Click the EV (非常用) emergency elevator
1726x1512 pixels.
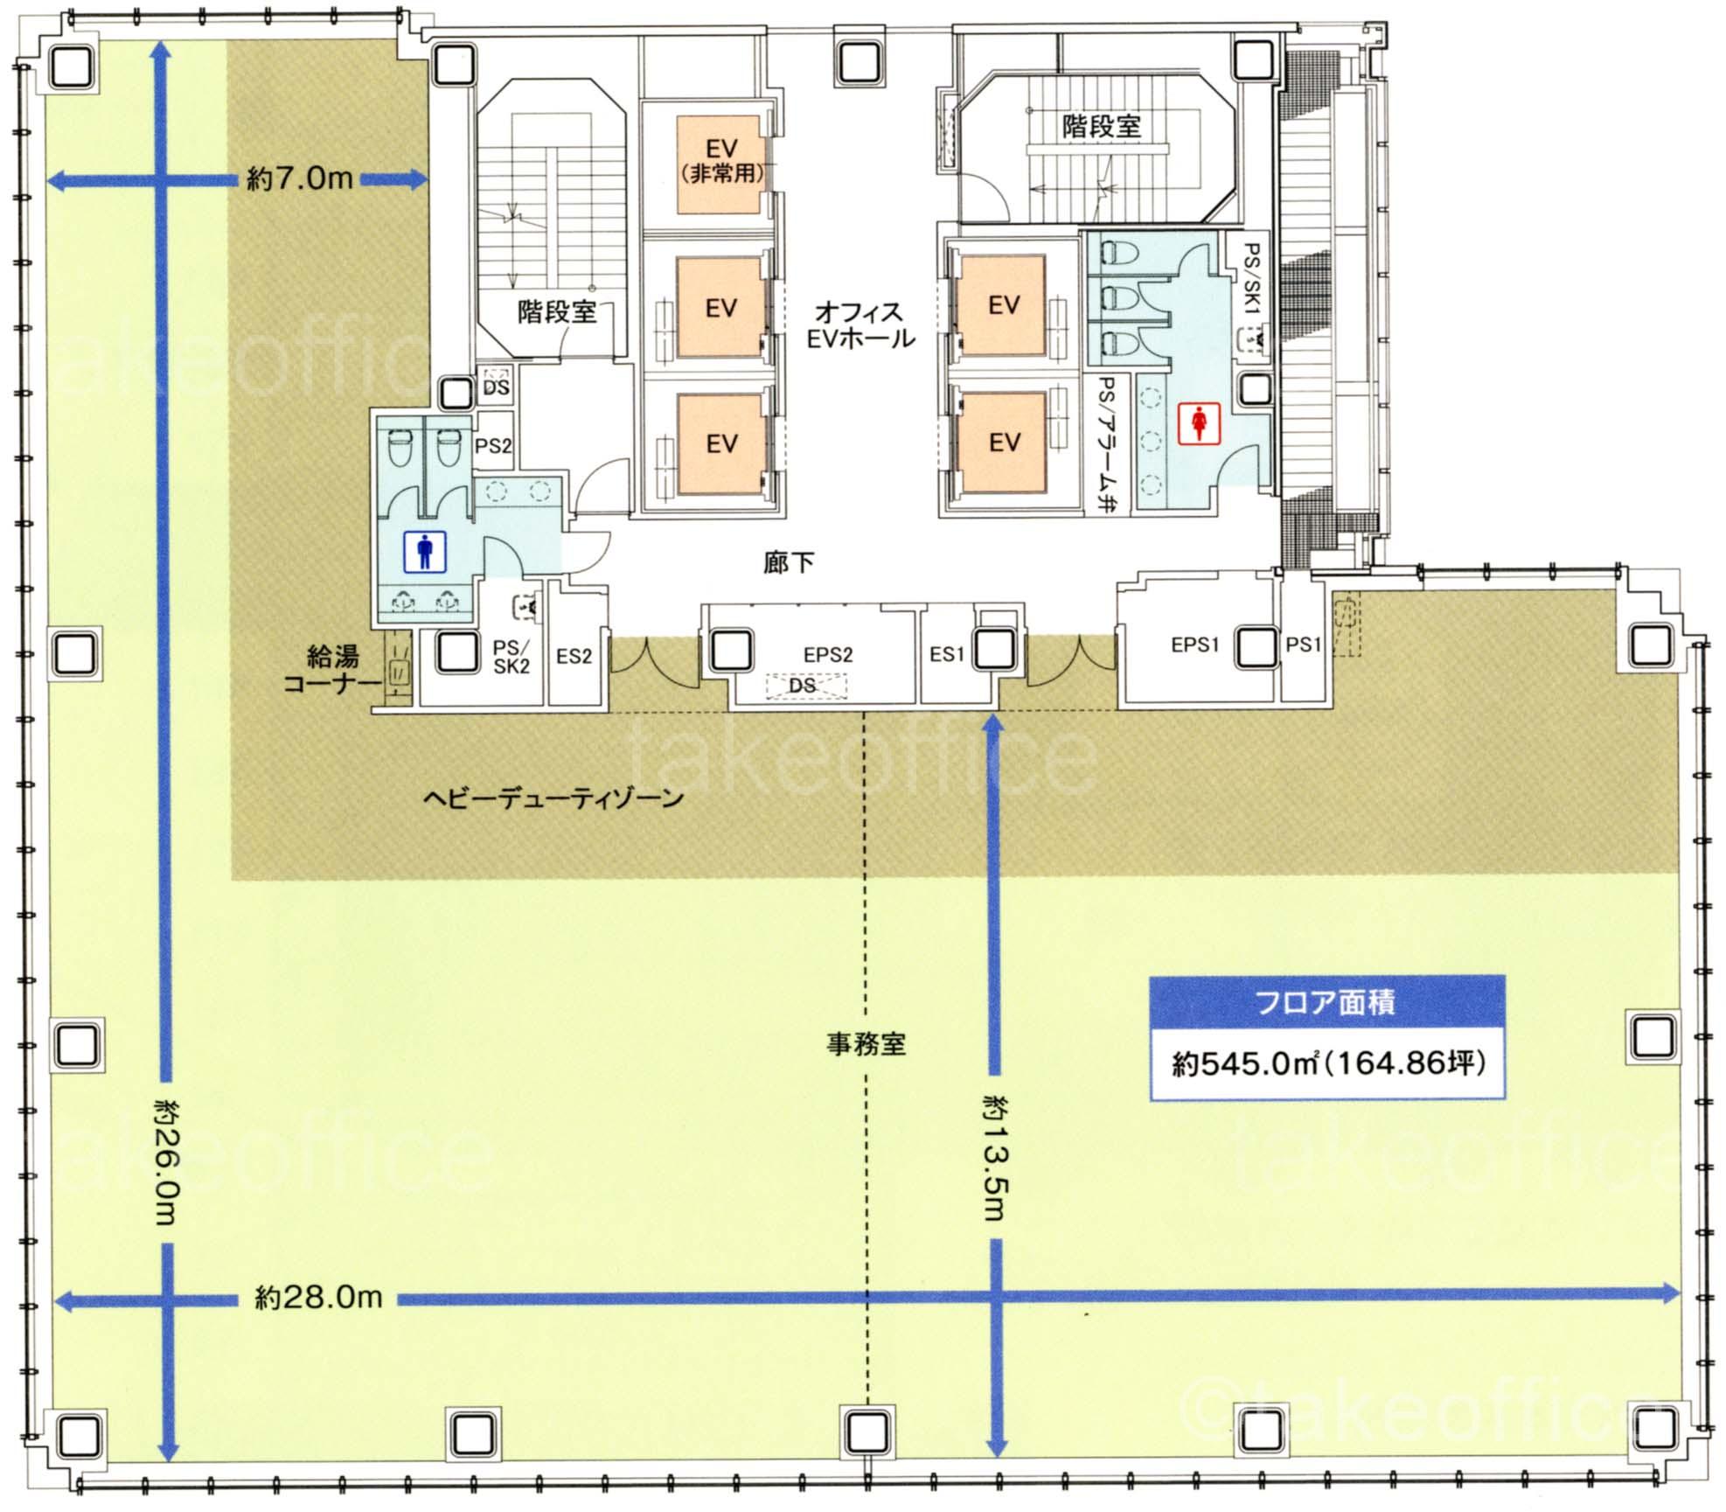[720, 164]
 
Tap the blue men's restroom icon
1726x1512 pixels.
[425, 552]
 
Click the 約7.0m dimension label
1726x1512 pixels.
[300, 179]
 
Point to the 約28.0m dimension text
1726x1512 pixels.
[318, 1297]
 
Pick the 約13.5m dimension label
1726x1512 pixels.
[994, 1154]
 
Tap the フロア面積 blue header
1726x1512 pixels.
[1326, 1002]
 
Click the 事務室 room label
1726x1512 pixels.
[866, 1043]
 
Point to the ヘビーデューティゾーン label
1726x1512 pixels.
[553, 798]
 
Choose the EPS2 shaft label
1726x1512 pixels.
[828, 655]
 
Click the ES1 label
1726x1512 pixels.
[947, 654]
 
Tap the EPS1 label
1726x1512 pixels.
[1194, 645]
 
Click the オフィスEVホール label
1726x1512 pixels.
[861, 324]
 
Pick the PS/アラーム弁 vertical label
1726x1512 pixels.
[1108, 443]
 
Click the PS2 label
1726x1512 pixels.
[493, 446]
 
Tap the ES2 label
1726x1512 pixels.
[574, 656]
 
